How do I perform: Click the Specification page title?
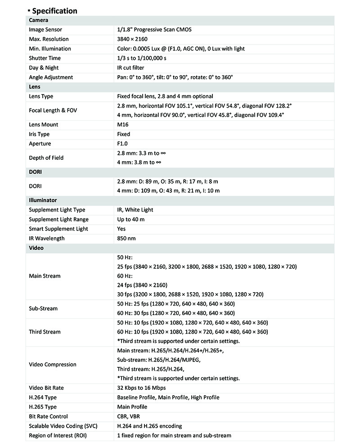point(54,11)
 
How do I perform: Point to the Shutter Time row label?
point(45,58)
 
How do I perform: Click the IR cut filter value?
point(130,68)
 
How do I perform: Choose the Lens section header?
point(35,86)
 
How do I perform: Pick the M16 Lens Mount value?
point(122,125)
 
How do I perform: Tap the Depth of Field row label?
point(46,158)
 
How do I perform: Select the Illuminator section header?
point(43,200)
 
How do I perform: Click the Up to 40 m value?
point(130,219)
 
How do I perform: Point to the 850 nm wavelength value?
point(126,238)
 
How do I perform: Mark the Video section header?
point(36,248)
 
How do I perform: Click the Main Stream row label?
point(45,275)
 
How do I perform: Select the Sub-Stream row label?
point(43,308)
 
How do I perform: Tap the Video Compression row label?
point(53,364)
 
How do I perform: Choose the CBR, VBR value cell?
point(128,416)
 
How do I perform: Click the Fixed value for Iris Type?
point(123,134)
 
